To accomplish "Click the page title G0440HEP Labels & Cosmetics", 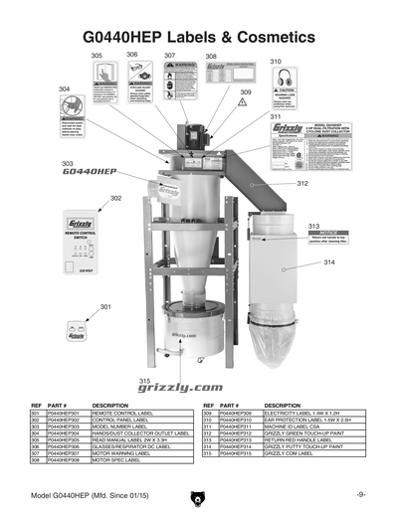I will [x=199, y=37].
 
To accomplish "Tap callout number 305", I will [x=97, y=57].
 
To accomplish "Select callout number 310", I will [x=276, y=62].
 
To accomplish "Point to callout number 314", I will [x=329, y=262].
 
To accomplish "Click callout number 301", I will [x=105, y=307].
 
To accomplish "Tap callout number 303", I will [x=68, y=162].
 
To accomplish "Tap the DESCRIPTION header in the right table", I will [x=283, y=406].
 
